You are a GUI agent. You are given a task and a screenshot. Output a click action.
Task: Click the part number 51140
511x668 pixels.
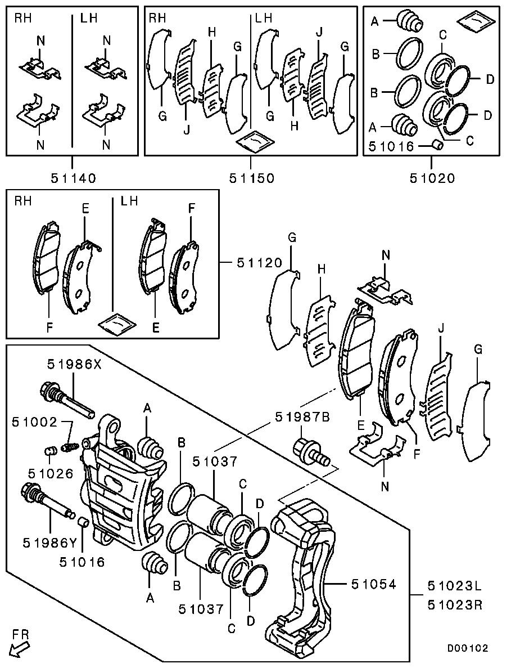click(74, 178)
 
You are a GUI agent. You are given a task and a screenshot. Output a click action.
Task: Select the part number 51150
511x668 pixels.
click(252, 178)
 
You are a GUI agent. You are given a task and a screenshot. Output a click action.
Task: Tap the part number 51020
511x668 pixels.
click(432, 178)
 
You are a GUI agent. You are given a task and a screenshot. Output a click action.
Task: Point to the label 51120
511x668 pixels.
click(260, 263)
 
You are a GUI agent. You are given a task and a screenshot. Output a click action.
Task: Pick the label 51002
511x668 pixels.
click(34, 422)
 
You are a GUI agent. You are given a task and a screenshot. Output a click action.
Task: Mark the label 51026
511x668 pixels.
click(51, 473)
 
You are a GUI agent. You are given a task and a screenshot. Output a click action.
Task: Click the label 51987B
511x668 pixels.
click(302, 416)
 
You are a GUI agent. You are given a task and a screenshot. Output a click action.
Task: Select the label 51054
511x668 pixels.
click(374, 584)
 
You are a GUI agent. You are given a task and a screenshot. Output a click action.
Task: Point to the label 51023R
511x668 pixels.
click(455, 604)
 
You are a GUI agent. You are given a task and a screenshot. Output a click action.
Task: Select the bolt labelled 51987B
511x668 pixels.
click(311, 453)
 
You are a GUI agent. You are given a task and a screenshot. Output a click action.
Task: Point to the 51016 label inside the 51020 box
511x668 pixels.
click(391, 146)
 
